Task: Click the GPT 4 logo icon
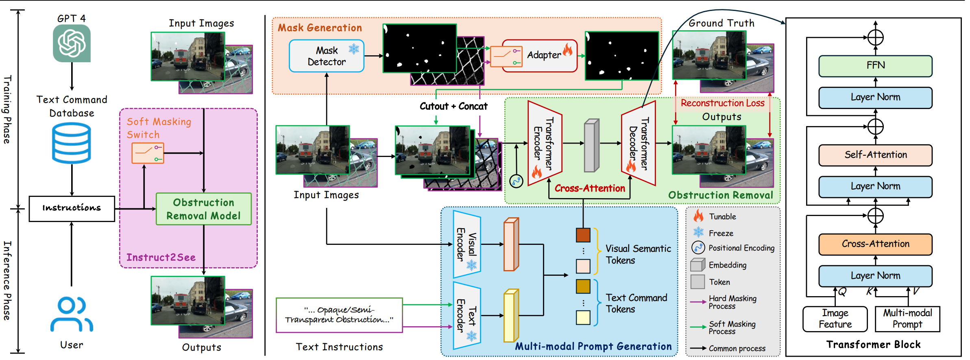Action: pyautogui.click(x=72, y=43)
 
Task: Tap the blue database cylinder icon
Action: pyautogui.click(x=72, y=143)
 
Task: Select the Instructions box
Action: pyautogui.click(x=72, y=208)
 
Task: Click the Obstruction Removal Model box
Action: pyautogui.click(x=204, y=209)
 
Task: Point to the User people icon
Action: pyautogui.click(x=72, y=314)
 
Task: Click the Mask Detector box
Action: pyautogui.click(x=327, y=56)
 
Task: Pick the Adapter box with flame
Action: pyautogui.click(x=540, y=56)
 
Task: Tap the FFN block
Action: pyautogui.click(x=875, y=66)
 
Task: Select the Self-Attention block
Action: pyautogui.click(x=875, y=155)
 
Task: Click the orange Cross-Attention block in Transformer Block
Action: pyautogui.click(x=875, y=244)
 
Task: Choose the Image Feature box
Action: pyautogui.click(x=835, y=319)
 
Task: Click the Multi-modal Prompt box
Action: pyautogui.click(x=907, y=319)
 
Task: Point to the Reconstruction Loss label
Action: pyautogui.click(x=723, y=103)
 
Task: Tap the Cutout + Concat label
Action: pyautogui.click(x=453, y=107)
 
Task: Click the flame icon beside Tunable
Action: pyautogui.click(x=699, y=216)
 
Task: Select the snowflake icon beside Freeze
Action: pyautogui.click(x=698, y=232)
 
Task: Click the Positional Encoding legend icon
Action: pyautogui.click(x=698, y=247)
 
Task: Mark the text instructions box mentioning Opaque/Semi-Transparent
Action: pyautogui.click(x=339, y=315)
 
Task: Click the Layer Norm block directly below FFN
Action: pyautogui.click(x=875, y=98)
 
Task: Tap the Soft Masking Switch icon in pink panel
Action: pyautogui.click(x=148, y=153)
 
